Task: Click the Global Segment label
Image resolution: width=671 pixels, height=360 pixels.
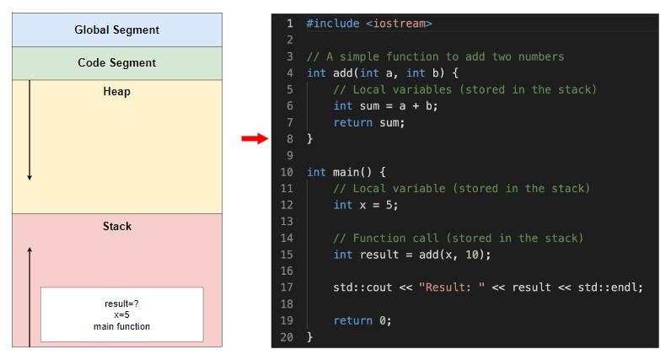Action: pyautogui.click(x=116, y=30)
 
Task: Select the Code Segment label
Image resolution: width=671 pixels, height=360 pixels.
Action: pyautogui.click(x=116, y=62)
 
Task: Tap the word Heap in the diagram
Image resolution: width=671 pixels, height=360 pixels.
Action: pyautogui.click(x=116, y=91)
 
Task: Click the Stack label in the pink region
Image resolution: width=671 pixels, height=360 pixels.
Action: pyautogui.click(x=116, y=226)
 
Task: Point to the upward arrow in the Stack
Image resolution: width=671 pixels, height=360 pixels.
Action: pyautogui.click(x=30, y=295)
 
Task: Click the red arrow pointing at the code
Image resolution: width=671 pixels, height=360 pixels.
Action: pyautogui.click(x=254, y=138)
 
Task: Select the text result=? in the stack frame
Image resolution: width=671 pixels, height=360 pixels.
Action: pyautogui.click(x=121, y=304)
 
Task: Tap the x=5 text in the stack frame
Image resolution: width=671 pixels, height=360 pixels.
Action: pyautogui.click(x=121, y=314)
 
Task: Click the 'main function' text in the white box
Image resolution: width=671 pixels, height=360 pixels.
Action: pyautogui.click(x=121, y=325)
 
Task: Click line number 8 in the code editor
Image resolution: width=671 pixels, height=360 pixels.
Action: pyautogui.click(x=290, y=138)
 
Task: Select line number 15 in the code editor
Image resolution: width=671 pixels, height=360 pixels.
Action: pyautogui.click(x=287, y=255)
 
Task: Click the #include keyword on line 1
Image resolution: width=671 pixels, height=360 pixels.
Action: pyautogui.click(x=332, y=24)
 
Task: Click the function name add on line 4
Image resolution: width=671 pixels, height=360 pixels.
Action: pyautogui.click(x=342, y=73)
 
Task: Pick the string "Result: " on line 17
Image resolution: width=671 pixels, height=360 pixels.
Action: pyautogui.click(x=451, y=287)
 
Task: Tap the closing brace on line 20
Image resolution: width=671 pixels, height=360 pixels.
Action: pyautogui.click(x=309, y=337)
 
